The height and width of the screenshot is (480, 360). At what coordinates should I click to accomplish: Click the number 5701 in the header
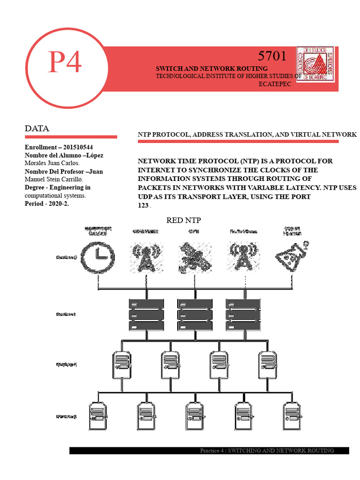click(272, 56)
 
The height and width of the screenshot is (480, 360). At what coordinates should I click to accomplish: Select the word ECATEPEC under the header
click(275, 84)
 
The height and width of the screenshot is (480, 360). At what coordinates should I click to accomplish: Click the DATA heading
click(37, 128)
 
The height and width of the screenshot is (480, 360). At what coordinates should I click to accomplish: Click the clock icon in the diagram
click(98, 257)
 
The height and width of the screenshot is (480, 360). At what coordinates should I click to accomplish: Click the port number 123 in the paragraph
click(143, 205)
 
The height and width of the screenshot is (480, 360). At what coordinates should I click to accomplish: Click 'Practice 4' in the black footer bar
click(212, 450)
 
